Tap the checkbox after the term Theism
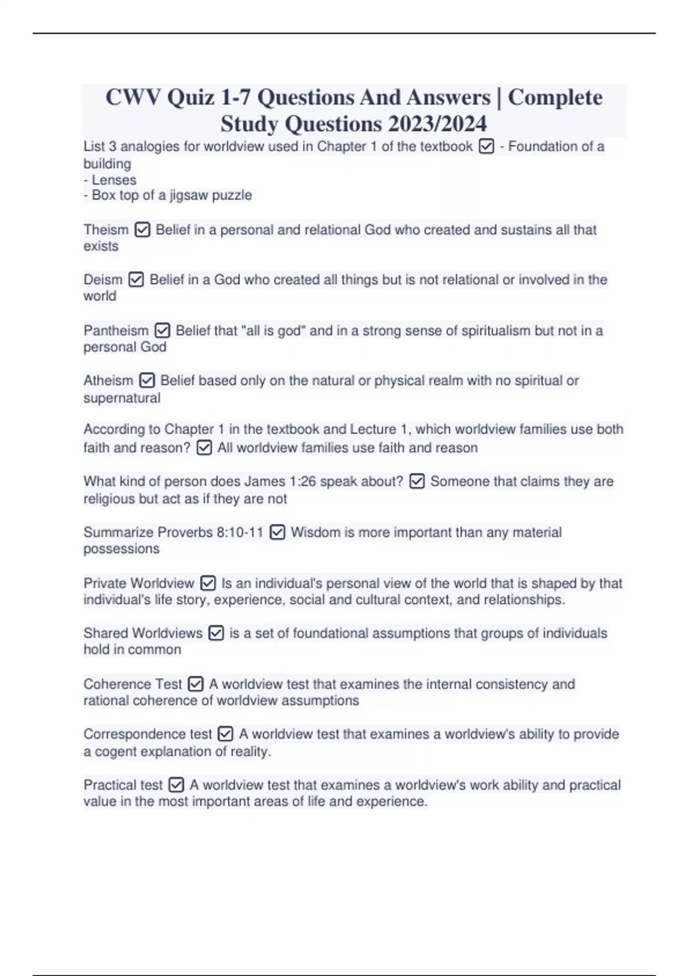(x=142, y=230)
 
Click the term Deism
(x=103, y=280)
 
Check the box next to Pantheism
(x=162, y=331)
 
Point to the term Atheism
(x=108, y=381)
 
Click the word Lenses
(x=114, y=180)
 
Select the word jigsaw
(x=189, y=195)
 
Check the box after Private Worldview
(x=208, y=583)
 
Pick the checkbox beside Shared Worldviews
(x=216, y=633)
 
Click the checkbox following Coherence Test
(x=196, y=684)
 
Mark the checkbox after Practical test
(x=176, y=785)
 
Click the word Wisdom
(x=315, y=532)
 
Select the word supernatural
(x=122, y=398)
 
